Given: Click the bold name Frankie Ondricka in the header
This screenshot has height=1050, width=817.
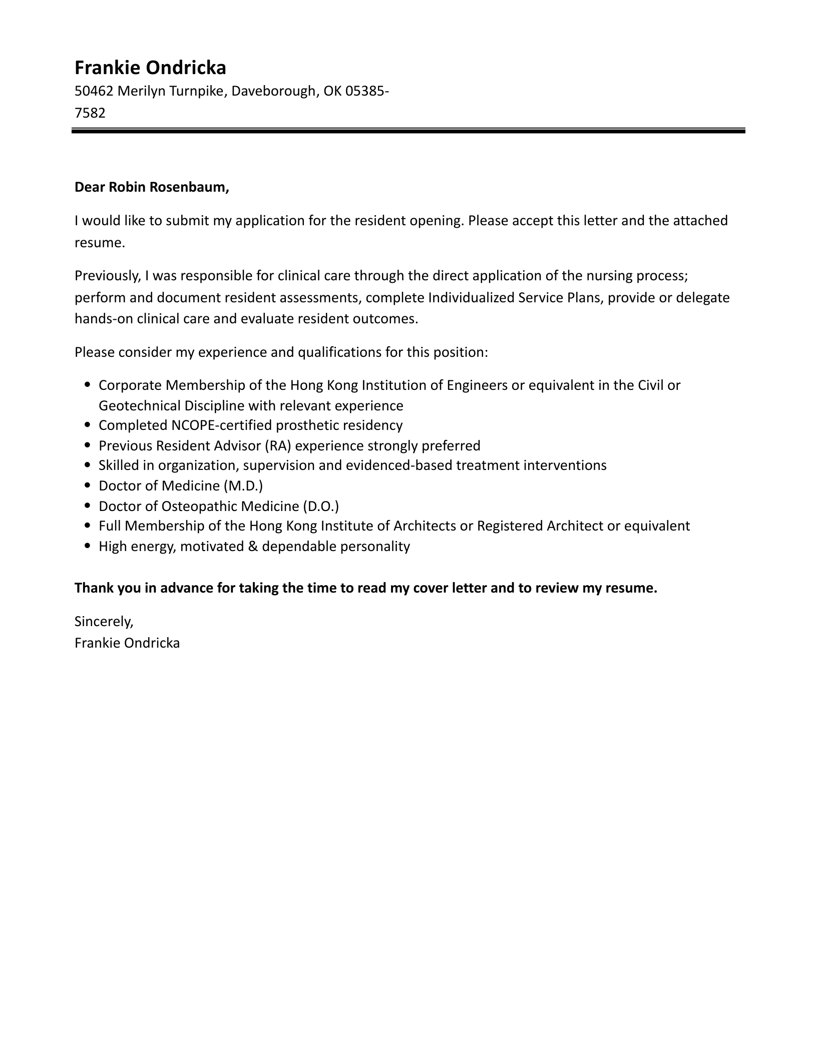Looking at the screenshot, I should pos(150,68).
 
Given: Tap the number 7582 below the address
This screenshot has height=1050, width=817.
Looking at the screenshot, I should pos(90,113).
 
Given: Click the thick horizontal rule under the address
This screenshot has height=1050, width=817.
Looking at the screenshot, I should pos(408,131).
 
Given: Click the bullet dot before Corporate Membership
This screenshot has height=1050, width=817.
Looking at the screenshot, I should pos(88,385).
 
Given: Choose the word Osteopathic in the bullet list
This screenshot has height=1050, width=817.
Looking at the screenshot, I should pos(199,506).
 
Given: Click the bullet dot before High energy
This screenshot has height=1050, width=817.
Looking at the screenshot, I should pos(88,546).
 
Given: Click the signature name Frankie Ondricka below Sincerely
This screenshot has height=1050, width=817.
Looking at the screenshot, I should pos(127,643).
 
